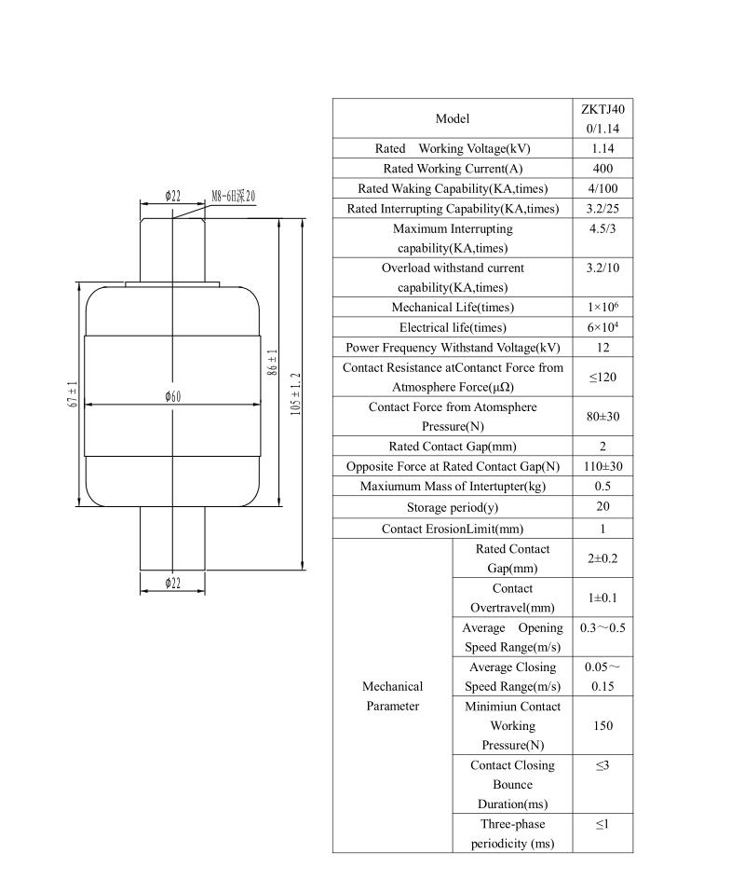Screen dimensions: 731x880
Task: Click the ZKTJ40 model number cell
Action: click(602, 118)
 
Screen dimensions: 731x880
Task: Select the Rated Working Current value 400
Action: click(602, 169)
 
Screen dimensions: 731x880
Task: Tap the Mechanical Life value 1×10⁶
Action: click(602, 307)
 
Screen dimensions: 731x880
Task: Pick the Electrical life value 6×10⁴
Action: click(602, 326)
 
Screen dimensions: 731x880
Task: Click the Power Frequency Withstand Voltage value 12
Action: click(602, 348)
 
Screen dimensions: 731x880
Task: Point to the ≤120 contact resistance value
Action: click(602, 378)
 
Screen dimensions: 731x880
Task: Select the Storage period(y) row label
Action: click(453, 507)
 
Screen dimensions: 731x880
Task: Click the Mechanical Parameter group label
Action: click(392, 696)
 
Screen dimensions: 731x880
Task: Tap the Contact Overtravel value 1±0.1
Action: click(602, 598)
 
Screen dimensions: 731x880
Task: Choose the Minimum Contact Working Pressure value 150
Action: click(602, 725)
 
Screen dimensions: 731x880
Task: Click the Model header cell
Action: click(453, 118)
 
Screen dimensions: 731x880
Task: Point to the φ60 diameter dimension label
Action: click(173, 396)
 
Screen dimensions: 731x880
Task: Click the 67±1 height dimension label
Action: click(73, 394)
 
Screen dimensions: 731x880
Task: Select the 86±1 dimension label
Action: click(273, 363)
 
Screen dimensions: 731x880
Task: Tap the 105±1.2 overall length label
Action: click(296, 394)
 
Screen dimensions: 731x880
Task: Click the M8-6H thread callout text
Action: click(233, 196)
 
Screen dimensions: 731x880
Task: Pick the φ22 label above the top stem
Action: click(172, 196)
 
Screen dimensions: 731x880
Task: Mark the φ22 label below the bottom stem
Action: click(172, 584)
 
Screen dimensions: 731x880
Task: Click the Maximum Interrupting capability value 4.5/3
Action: click(602, 228)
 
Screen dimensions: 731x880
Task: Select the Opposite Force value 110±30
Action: click(602, 466)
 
